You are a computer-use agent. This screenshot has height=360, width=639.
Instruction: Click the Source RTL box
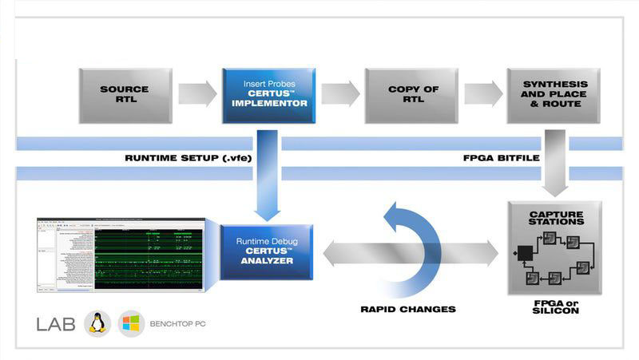click(x=125, y=95)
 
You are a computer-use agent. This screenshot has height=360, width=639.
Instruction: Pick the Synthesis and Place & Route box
click(x=554, y=95)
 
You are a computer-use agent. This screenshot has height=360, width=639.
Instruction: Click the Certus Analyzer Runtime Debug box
click(x=266, y=252)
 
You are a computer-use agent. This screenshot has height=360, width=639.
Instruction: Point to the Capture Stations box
click(x=554, y=248)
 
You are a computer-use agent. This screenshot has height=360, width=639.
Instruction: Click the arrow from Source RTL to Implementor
click(x=196, y=93)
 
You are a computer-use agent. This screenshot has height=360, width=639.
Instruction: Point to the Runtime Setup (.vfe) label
click(x=189, y=158)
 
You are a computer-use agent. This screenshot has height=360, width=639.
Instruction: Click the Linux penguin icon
click(x=97, y=322)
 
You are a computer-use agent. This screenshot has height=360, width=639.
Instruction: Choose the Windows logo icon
click(x=131, y=323)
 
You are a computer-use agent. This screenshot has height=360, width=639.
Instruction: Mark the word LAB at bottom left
click(x=56, y=324)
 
